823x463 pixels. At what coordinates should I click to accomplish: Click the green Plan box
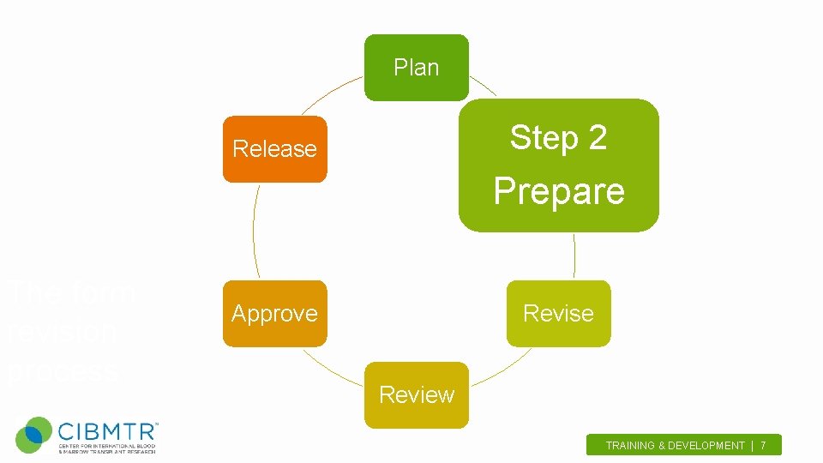point(417,68)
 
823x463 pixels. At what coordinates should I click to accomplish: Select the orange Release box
point(274,149)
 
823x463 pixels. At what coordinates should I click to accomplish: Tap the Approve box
point(274,314)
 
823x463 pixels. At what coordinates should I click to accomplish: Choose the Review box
point(417,395)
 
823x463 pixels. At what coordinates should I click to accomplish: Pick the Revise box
point(558,314)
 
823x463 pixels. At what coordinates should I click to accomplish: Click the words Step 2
point(558,137)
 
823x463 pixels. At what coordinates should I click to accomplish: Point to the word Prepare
point(558,191)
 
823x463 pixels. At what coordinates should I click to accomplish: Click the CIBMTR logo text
point(106,429)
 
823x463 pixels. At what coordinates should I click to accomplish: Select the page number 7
point(763,446)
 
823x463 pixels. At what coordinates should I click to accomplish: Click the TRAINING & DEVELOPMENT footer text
point(675,446)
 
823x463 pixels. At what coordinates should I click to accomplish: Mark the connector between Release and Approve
point(254,231)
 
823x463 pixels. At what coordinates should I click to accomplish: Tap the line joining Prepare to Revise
point(574,256)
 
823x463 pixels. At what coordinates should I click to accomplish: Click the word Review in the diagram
point(417,395)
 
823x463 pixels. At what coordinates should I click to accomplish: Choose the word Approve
point(274,314)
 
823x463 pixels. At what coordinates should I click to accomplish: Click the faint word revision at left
point(62,333)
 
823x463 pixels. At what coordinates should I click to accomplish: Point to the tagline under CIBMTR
point(106,448)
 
